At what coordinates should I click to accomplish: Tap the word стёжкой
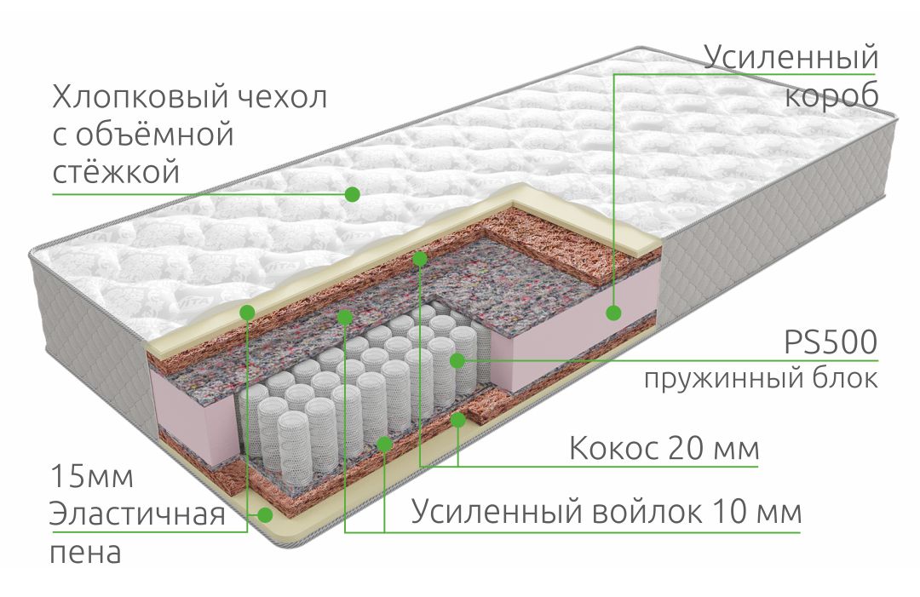coord(116,172)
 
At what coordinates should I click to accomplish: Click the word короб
coord(831,96)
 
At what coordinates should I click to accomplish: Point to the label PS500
coord(831,342)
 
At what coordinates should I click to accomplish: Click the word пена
coord(86,553)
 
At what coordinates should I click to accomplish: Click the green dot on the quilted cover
coord(352,194)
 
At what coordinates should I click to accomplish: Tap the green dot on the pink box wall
coord(613,313)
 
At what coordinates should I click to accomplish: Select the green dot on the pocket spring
coord(457,360)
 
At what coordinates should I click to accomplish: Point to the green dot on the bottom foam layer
coord(266,515)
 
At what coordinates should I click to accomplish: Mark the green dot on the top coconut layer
coord(420,258)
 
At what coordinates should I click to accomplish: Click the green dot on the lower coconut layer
coord(457,419)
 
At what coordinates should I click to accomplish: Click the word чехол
coord(282,98)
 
